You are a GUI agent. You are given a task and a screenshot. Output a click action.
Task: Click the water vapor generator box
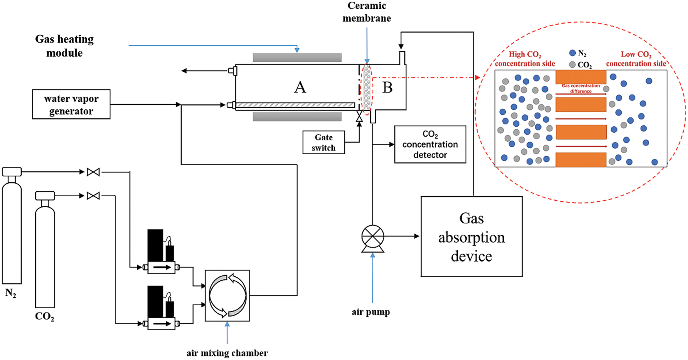[71, 104]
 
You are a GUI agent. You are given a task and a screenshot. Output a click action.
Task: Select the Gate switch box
[323, 142]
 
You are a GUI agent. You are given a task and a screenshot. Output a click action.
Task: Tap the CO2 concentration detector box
[430, 144]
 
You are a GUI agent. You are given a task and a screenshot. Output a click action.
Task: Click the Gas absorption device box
[471, 236]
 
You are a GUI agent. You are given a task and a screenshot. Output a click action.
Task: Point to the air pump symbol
[373, 237]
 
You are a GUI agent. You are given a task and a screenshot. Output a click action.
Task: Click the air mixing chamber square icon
[227, 296]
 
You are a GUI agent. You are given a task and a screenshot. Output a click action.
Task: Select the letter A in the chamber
[300, 87]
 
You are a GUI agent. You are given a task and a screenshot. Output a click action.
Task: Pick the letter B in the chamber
[387, 87]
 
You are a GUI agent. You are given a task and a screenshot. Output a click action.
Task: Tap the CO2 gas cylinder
[45, 254]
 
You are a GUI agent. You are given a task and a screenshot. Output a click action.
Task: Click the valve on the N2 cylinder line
[93, 172]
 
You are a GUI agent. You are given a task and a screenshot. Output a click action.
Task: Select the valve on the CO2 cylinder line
[93, 196]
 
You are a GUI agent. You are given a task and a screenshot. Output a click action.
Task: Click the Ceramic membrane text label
[366, 12]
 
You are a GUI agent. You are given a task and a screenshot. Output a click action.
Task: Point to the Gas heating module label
[64, 46]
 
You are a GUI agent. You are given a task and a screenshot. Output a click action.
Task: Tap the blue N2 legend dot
[572, 53]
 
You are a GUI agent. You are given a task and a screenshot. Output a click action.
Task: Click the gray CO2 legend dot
[572, 64]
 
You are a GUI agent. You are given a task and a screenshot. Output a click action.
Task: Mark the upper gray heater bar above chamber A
[297, 57]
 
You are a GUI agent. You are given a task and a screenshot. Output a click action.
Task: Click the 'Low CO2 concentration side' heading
[636, 59]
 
